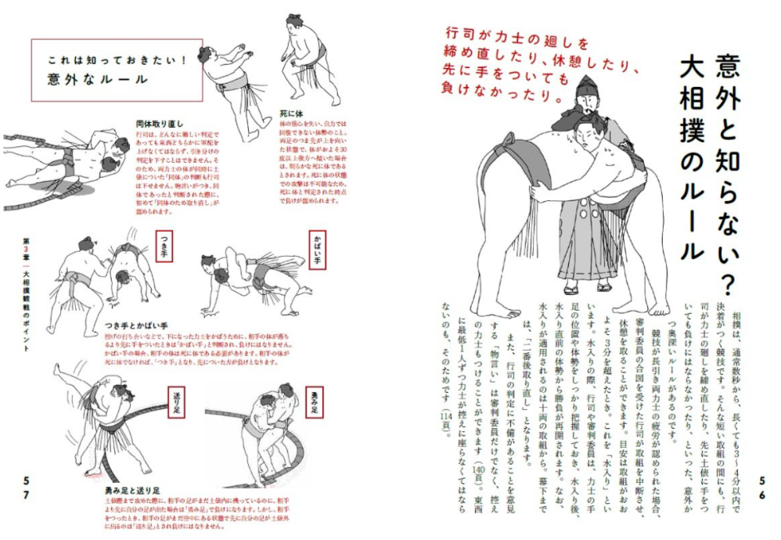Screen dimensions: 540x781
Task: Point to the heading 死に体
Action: coord(292,113)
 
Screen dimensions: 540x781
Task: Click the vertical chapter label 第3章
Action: coord(26,249)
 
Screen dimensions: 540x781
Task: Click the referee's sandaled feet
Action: coord(583,286)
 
